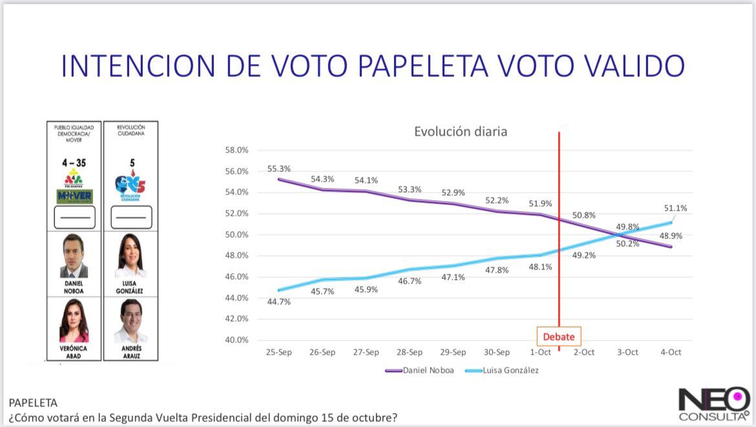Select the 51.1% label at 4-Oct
(x=675, y=208)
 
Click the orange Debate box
(x=558, y=337)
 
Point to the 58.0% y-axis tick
(x=236, y=150)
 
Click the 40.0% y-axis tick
(x=236, y=340)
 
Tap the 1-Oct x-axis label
(x=540, y=353)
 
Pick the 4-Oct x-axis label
(x=671, y=353)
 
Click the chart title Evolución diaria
(x=460, y=132)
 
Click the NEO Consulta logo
(x=714, y=404)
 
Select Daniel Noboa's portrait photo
(x=74, y=256)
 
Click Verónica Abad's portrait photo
(x=74, y=320)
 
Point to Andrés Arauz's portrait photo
(x=131, y=320)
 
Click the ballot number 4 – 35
(x=74, y=163)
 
